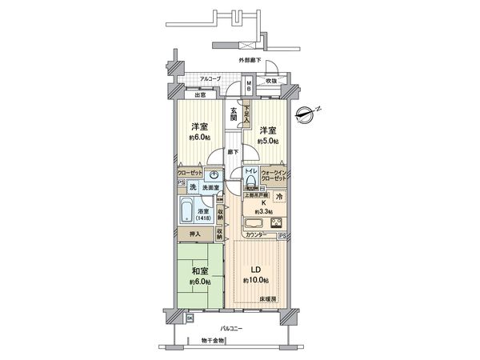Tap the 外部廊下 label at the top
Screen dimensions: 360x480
[250, 61]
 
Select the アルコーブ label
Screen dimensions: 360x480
[210, 78]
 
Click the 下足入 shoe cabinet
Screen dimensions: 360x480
[247, 114]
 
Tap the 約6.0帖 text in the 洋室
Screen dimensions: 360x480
[199, 138]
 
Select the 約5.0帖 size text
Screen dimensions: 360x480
[267, 141]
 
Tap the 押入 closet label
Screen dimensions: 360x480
[194, 234]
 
